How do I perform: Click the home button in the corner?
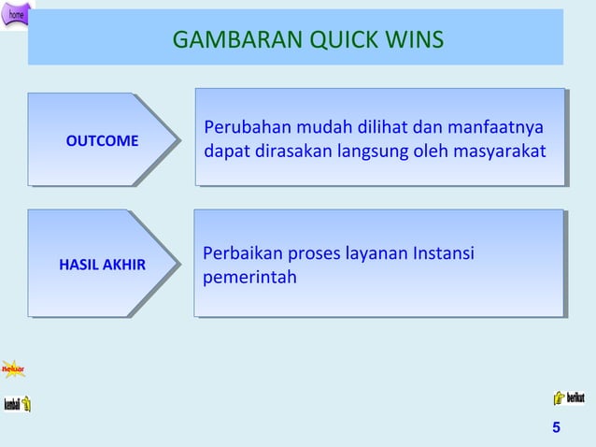point(17,14)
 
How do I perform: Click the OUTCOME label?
point(102,141)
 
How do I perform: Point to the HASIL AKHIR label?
point(102,265)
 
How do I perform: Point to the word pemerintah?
point(249,277)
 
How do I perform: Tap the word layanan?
point(372,253)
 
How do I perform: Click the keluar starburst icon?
point(13,368)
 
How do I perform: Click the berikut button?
point(569,397)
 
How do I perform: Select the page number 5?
point(557,428)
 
